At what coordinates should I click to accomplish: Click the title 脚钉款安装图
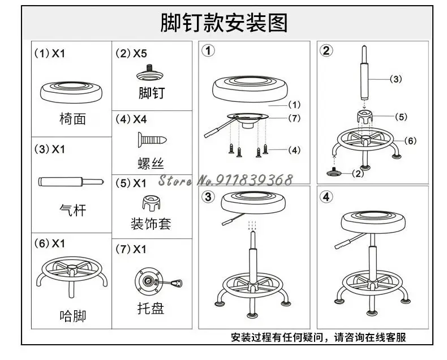tap(223, 23)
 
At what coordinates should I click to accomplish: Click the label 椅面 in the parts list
tap(72, 119)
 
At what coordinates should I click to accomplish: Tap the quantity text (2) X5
tap(131, 53)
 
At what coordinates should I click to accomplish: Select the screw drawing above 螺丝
tap(152, 140)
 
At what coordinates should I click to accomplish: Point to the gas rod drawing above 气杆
tap(71, 182)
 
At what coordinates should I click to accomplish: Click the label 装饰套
tap(151, 224)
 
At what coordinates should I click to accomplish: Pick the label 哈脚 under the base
tap(72, 316)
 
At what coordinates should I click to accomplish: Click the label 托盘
tap(151, 308)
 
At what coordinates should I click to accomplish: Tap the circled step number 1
tap(208, 51)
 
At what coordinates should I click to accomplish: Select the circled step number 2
tap(326, 51)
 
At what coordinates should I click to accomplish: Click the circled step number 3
tap(208, 196)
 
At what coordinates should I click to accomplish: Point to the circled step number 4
tap(326, 196)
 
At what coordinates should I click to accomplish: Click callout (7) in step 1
tap(294, 118)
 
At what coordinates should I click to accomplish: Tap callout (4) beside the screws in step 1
tap(294, 150)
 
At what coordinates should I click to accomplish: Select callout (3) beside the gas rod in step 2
tap(396, 79)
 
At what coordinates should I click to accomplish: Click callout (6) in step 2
tap(411, 140)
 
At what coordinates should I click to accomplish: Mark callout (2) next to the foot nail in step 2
tap(358, 173)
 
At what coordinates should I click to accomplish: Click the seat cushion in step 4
tap(373, 222)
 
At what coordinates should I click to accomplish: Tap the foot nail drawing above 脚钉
tap(150, 73)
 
